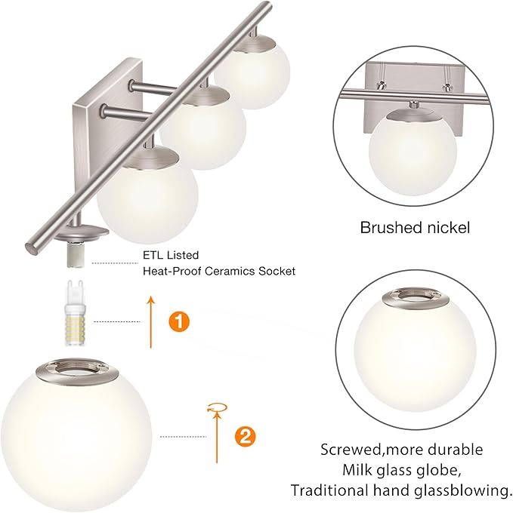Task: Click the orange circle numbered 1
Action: [x=179, y=321]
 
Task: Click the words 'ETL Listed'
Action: [x=170, y=256]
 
